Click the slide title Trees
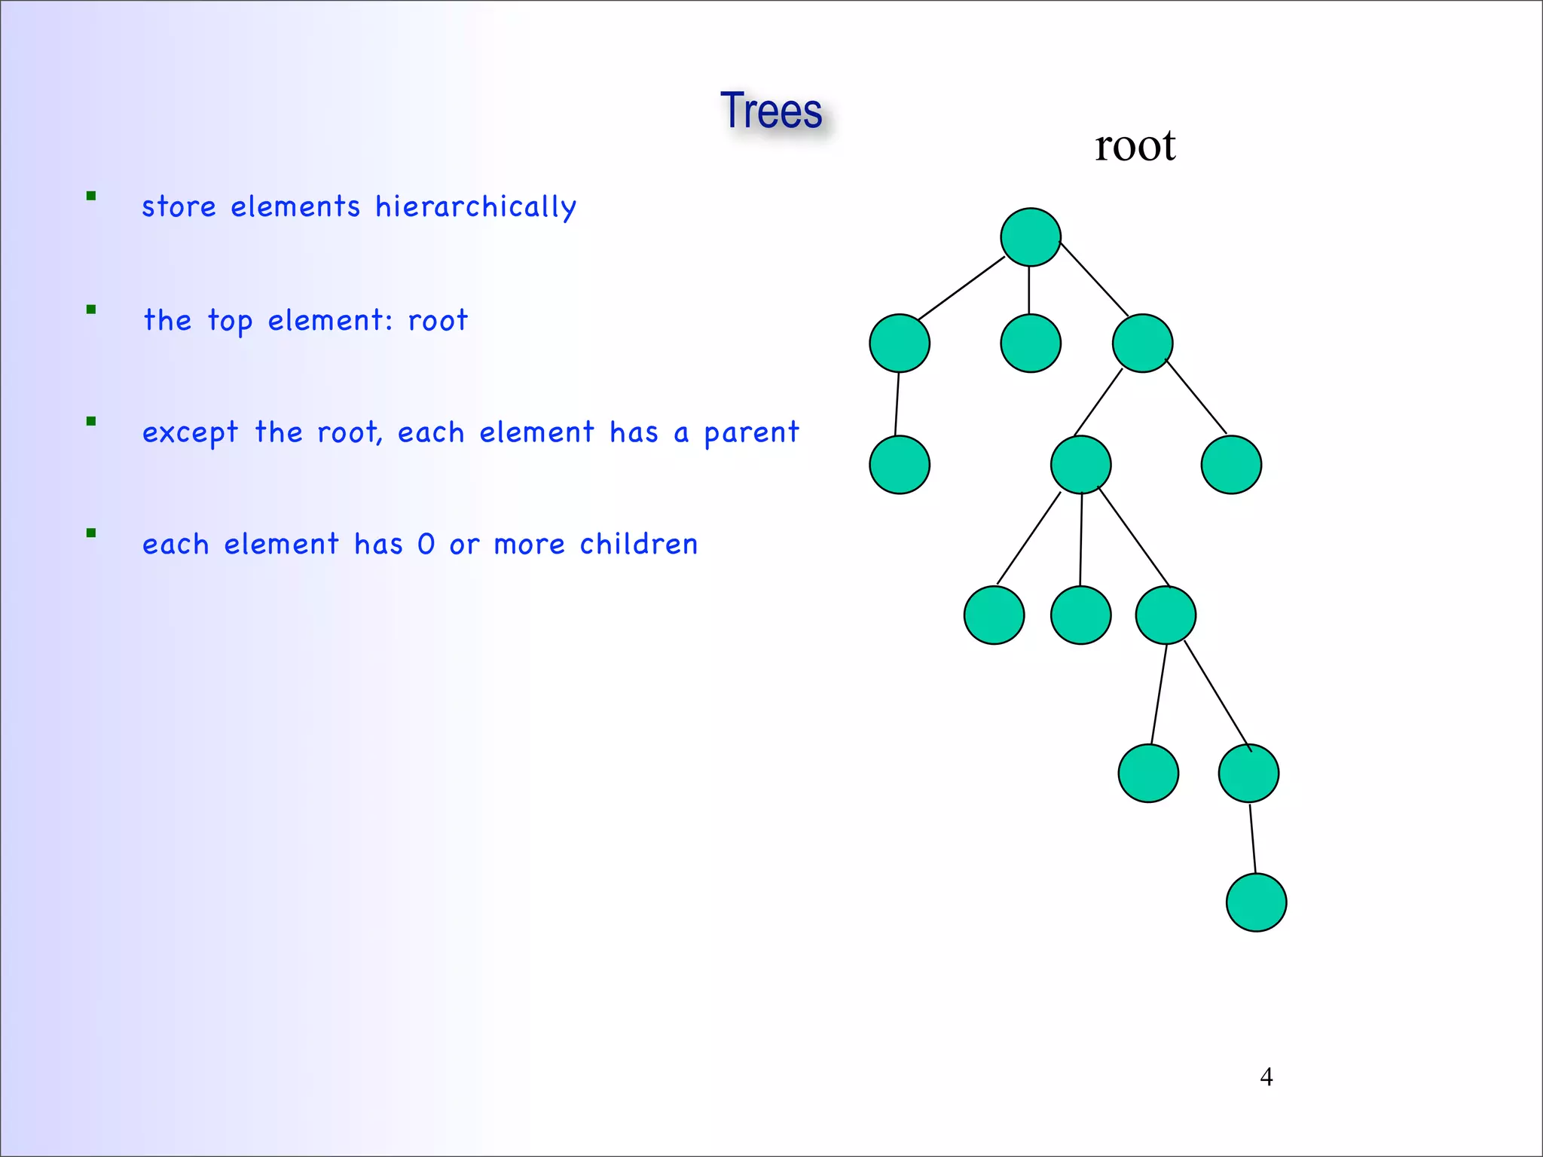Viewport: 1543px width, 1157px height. pyautogui.click(x=771, y=111)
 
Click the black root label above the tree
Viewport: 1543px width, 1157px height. pyautogui.click(x=1135, y=145)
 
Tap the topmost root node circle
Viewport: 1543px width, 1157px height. pyautogui.click(x=1031, y=237)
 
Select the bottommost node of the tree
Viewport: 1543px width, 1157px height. pyautogui.click(x=1256, y=902)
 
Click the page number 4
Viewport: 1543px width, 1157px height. pyautogui.click(x=1266, y=1076)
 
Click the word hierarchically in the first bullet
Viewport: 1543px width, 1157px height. pyautogui.click(x=475, y=207)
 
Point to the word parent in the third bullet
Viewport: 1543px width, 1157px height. pyautogui.click(x=751, y=433)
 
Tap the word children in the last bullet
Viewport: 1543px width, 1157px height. pyautogui.click(x=638, y=544)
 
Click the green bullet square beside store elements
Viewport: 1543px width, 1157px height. pyautogui.click(x=91, y=197)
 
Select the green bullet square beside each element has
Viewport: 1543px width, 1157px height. pyautogui.click(x=91, y=533)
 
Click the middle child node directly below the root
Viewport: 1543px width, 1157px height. pyautogui.click(x=1031, y=343)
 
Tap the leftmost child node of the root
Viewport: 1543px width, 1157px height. pyautogui.click(x=900, y=343)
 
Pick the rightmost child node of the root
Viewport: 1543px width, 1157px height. pyautogui.click(x=1142, y=343)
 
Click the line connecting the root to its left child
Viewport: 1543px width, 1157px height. pyautogui.click(x=961, y=288)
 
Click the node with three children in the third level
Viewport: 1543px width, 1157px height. pyautogui.click(x=1080, y=465)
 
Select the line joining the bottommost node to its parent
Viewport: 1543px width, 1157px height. pyautogui.click(x=1252, y=838)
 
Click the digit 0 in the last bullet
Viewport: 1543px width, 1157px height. pyautogui.click(x=426, y=544)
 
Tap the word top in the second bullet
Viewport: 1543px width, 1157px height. pyautogui.click(x=230, y=321)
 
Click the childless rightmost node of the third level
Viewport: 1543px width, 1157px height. pyautogui.click(x=1231, y=465)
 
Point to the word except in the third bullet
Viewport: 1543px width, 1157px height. pyautogui.click(x=190, y=433)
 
